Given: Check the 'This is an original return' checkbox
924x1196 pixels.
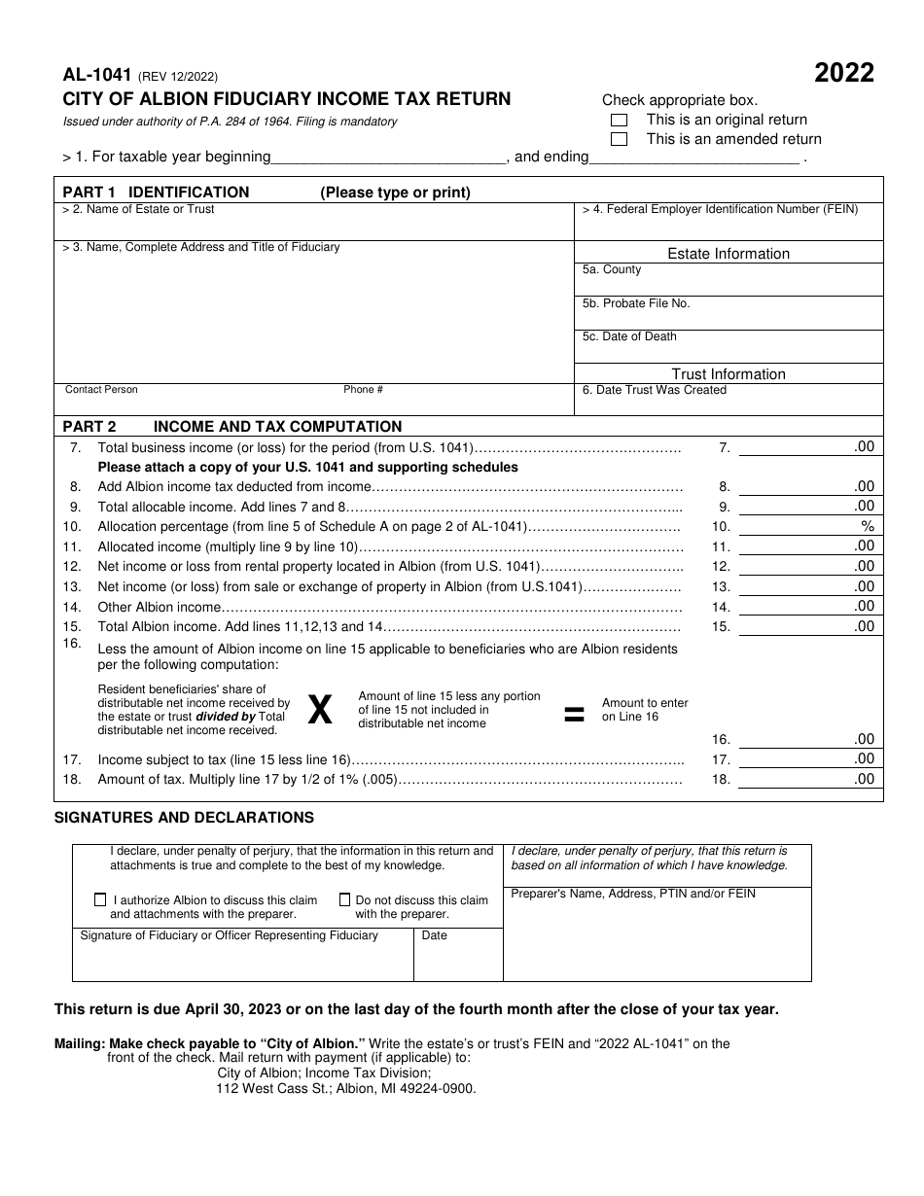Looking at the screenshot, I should click(619, 121).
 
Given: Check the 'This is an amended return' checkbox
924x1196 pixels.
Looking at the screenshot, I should click(619, 139).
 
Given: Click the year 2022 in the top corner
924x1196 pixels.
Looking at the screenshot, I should click(843, 74).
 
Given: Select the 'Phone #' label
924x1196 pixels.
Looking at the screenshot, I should click(363, 390).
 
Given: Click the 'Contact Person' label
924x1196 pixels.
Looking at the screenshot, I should click(101, 390).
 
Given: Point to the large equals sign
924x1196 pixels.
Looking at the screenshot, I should click(575, 715).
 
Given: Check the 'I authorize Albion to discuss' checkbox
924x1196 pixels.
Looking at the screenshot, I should click(100, 900).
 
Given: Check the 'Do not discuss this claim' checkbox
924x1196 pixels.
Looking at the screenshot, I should click(344, 900).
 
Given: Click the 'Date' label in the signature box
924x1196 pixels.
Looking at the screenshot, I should click(435, 935).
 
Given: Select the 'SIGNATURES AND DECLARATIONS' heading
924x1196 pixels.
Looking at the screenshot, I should click(184, 818).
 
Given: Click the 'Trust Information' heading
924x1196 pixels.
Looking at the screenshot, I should click(729, 374).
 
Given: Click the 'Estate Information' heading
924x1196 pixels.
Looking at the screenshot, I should click(729, 254).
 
